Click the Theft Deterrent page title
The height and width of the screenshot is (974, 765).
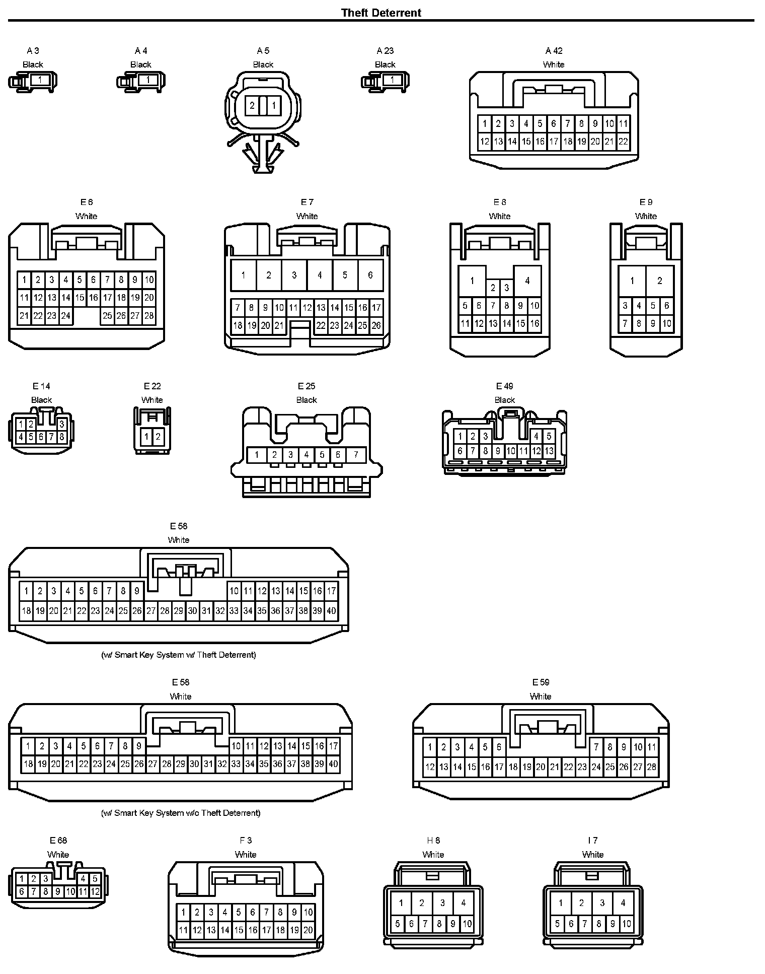381,13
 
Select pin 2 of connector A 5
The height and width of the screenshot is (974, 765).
252,106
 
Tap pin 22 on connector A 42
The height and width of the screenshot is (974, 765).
623,142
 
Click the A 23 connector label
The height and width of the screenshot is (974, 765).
385,50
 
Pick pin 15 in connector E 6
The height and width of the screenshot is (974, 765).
80,298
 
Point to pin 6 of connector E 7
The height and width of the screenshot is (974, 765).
370,275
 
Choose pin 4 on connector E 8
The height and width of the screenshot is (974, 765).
527,281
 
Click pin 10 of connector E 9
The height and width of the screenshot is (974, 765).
667,323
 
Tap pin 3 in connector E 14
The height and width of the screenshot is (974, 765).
62,425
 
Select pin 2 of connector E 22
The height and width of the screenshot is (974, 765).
158,437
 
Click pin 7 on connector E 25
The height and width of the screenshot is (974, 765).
356,455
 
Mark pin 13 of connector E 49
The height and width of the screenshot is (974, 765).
549,451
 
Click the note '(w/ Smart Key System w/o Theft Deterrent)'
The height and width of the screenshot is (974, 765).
181,812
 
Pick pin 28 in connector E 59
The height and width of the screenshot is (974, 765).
652,767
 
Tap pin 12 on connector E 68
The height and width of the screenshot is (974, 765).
95,891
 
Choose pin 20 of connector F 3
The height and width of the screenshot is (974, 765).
308,930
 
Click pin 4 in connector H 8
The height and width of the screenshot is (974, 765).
464,902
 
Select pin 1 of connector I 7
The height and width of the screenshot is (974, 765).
561,902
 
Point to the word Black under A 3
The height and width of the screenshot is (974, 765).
33,64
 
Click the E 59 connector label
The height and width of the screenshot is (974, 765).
541,682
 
